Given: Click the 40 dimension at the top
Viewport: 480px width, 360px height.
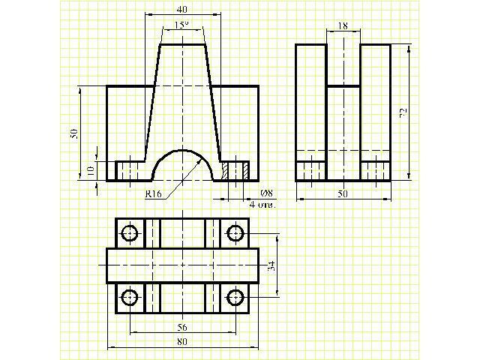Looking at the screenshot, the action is coord(181,10).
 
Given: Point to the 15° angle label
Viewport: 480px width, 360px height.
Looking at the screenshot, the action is coord(181,25).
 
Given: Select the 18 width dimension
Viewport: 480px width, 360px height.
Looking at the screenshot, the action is coord(343,26).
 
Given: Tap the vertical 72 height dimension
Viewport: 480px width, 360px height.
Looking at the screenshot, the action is coord(403,112).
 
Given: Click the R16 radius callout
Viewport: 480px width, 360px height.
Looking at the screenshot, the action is coord(153,193).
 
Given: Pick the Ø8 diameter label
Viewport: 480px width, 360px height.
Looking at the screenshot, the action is coord(266,193).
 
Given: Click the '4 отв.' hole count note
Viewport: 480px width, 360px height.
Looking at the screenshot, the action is coord(262,205).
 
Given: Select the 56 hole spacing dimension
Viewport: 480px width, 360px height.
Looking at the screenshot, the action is coord(182,328).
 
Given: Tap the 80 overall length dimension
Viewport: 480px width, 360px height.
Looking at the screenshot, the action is coord(182,342).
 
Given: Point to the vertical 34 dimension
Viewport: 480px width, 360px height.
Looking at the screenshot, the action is coord(271,265).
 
